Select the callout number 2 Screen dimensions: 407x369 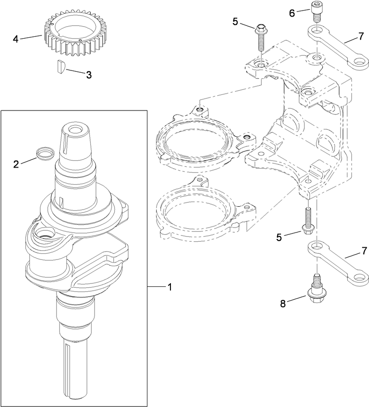(16, 164)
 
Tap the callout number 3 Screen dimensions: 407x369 (89, 74)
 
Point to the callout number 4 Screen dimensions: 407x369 (16, 39)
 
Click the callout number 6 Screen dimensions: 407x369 (292, 13)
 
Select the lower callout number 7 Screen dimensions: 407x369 (364, 251)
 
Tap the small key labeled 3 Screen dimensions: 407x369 (59, 66)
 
